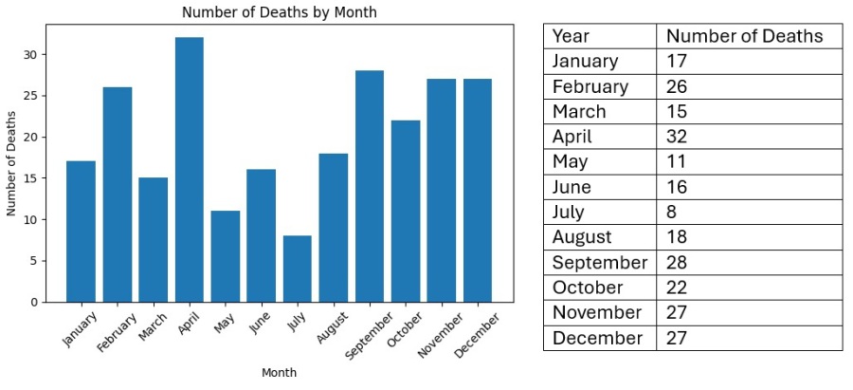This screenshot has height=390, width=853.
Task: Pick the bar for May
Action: tap(225, 256)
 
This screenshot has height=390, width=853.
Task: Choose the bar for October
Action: tap(405, 211)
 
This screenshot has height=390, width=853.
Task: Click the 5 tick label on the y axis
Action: tap(35, 261)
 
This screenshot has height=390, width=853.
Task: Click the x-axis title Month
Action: tap(279, 373)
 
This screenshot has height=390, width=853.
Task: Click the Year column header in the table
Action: tap(571, 36)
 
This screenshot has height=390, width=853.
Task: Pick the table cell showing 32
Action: tap(678, 137)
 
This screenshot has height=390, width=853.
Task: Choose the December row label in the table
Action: tap(597, 338)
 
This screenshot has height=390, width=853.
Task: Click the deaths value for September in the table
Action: tap(679, 262)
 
